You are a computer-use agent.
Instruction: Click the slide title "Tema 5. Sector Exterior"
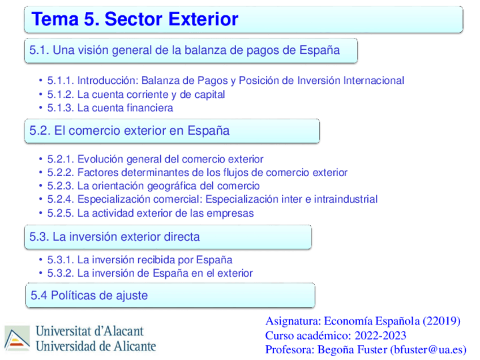pos(135,19)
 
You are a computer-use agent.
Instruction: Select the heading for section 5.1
pos(185,50)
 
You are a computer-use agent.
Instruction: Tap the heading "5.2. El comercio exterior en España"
pos(130,131)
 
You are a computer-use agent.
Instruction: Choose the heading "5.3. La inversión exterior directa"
pos(115,237)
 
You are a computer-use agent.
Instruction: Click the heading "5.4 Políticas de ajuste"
pos(89,295)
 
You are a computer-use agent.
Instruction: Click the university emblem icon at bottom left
pos(18,338)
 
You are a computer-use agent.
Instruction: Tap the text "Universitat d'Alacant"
pos(90,331)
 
